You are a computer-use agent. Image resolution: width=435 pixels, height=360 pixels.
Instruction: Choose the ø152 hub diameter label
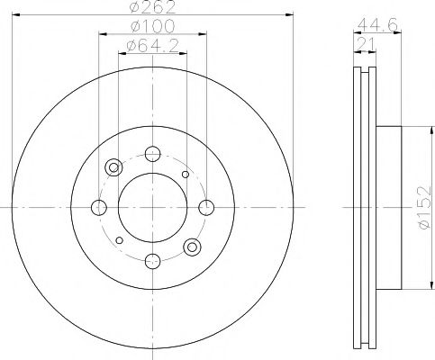click(x=422, y=208)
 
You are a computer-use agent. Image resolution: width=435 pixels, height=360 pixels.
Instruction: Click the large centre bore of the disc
click(x=151, y=208)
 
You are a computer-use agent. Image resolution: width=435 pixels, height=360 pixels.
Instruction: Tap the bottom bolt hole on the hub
click(x=151, y=263)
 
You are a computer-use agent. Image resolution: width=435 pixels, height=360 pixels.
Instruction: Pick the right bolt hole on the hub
click(x=206, y=208)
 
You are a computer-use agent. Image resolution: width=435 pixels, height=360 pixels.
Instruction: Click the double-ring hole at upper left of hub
click(x=113, y=168)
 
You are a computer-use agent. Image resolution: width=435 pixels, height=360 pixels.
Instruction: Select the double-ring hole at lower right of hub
click(x=191, y=247)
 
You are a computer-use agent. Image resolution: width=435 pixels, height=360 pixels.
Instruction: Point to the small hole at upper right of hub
click(x=186, y=175)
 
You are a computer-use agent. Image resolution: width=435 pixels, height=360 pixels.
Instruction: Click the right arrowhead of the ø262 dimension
click(x=290, y=15)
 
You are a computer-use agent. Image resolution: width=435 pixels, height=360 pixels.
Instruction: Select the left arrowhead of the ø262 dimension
click(x=14, y=15)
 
